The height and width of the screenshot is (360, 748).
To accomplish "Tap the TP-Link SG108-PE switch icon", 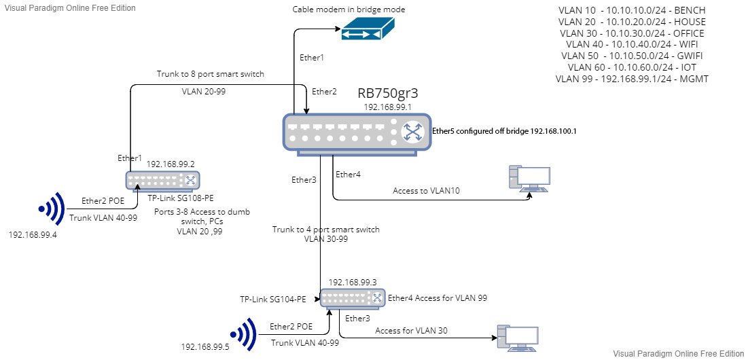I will coord(163,180).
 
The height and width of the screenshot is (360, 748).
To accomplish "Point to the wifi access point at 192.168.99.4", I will coord(51,208).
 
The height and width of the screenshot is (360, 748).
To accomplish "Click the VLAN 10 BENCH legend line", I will coord(633,11).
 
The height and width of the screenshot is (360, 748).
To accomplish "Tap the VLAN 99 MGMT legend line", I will coord(633,79).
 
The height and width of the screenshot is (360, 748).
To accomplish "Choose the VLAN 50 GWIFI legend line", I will coord(633,56).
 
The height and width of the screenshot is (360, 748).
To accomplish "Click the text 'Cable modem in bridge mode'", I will coord(349,10).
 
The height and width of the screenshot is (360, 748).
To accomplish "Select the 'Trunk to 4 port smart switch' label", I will coord(325,229).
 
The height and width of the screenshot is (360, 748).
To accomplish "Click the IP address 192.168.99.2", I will coord(171,164).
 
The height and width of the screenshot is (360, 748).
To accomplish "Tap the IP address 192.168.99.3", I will coord(353,281).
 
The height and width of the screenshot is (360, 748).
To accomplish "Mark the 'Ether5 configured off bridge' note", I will coord(504,132).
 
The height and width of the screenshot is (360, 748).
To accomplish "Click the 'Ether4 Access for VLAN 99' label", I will coord(438,298).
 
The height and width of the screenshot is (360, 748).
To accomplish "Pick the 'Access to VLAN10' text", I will coord(426,191).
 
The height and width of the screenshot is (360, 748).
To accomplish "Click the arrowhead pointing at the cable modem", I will coord(338,29).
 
